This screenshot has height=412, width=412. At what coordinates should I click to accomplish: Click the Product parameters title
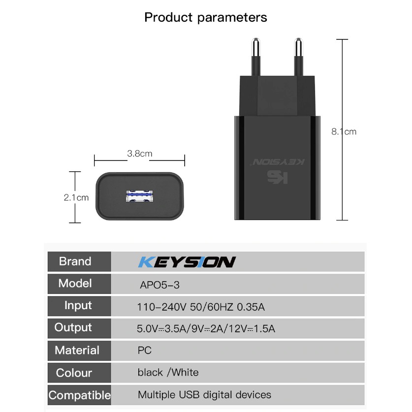206,18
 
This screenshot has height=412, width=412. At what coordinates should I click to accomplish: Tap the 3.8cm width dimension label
139,154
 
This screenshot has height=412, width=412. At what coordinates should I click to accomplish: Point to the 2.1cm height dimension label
76,197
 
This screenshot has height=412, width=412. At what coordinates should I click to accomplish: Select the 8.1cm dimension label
344,131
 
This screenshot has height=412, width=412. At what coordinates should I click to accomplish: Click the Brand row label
75,261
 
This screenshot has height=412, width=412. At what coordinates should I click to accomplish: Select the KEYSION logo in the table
187,262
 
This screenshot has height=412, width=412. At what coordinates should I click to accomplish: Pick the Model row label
75,284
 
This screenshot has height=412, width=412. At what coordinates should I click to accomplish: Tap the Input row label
78,306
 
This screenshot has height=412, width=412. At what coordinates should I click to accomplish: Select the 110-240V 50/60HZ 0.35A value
201,308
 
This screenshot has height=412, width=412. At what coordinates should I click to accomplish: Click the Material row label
77,350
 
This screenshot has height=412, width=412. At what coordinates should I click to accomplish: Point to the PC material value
145,350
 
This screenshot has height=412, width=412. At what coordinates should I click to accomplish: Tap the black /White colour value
168,372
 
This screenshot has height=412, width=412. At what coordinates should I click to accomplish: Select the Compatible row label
79,395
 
